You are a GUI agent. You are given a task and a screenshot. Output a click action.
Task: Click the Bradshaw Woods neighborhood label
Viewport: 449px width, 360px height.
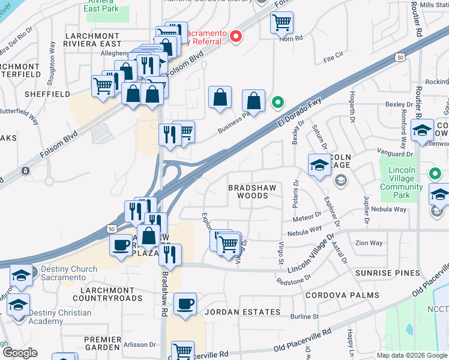coord(249,191)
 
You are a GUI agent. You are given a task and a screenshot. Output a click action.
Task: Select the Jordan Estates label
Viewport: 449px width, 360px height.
coord(243,312)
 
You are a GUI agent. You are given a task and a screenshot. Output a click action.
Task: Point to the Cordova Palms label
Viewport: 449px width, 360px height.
coord(342,295)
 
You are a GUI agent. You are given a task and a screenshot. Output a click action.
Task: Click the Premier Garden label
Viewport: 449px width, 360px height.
coord(103,344)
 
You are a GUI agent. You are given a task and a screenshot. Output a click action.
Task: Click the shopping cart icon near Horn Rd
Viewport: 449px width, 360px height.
coord(282,23)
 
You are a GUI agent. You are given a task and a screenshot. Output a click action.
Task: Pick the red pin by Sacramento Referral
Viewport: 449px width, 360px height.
coord(236,37)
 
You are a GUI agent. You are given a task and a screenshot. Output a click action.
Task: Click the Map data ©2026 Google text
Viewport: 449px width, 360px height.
coord(412,355)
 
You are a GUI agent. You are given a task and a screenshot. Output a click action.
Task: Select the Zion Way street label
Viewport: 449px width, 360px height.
coord(369,243)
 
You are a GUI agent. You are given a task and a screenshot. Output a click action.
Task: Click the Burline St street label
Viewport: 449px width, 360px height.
coord(304,316)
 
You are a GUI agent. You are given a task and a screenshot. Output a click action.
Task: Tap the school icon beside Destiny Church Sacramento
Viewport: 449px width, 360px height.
coord(21,275)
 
